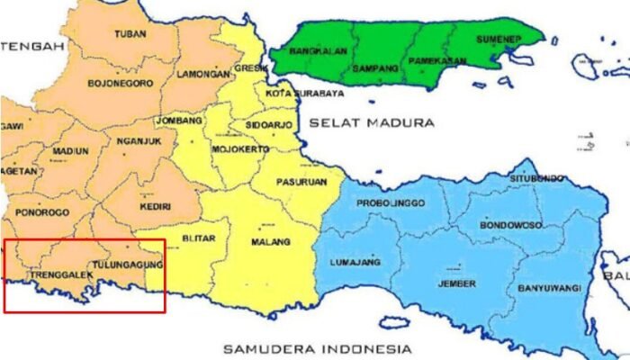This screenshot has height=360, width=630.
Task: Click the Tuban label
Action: click(x=130, y=34)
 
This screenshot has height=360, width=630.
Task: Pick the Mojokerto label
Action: click(x=240, y=148)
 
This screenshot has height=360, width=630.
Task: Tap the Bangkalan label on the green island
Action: click(x=322, y=51)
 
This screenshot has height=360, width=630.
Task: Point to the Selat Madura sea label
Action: click(x=371, y=121)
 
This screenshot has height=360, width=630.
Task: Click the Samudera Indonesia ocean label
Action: click(x=318, y=347)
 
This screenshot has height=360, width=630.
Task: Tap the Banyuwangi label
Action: click(x=548, y=289)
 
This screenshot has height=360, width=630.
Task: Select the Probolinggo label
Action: click(x=390, y=203)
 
